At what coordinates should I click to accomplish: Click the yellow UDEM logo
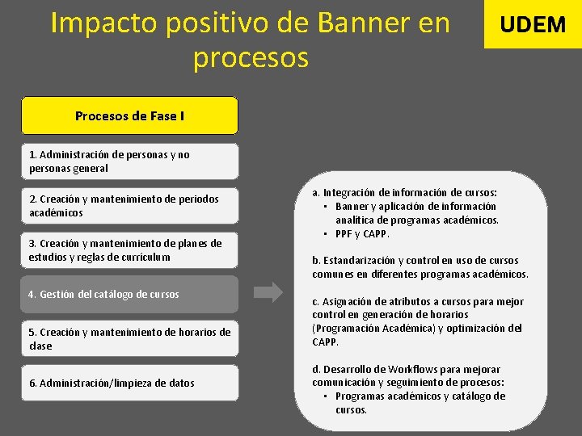point(533,24)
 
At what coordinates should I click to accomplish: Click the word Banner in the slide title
point(368,23)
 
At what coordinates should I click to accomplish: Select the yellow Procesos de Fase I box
point(129,115)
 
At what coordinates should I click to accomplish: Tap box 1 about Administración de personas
point(129,161)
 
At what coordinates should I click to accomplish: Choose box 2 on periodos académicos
point(129,206)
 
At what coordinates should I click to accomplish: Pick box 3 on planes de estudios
point(129,250)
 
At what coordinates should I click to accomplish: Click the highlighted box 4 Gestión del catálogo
point(129,295)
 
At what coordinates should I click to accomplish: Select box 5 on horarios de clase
point(129,338)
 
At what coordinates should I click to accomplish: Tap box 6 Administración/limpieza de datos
point(129,383)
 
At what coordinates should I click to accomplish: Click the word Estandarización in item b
point(364,261)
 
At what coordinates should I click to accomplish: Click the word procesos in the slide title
point(251,58)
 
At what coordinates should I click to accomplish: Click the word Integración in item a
point(356,193)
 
